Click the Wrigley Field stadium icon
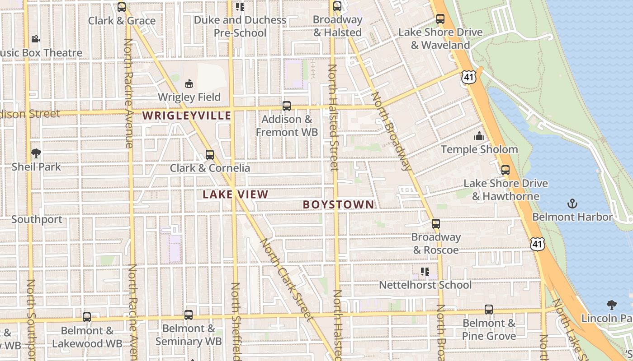click(189, 83)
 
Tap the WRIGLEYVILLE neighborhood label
click(187, 116)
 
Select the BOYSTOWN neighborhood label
click(338, 204)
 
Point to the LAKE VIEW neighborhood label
click(235, 194)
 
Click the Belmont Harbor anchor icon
click(572, 204)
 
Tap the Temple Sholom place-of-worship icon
click(479, 136)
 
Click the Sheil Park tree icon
click(36, 153)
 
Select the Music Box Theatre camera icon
click(35, 39)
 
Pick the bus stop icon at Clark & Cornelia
click(209, 155)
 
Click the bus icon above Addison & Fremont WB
click(286, 106)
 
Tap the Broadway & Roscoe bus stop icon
click(435, 224)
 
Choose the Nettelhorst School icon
click(425, 272)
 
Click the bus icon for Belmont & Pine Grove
click(488, 310)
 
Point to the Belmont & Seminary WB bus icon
click(189, 315)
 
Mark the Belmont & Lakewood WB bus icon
click(87, 317)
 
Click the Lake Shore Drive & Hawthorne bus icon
click(505, 170)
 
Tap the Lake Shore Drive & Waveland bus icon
click(440, 19)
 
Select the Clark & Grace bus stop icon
click(121, 7)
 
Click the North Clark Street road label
click(287, 280)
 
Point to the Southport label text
click(37, 219)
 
